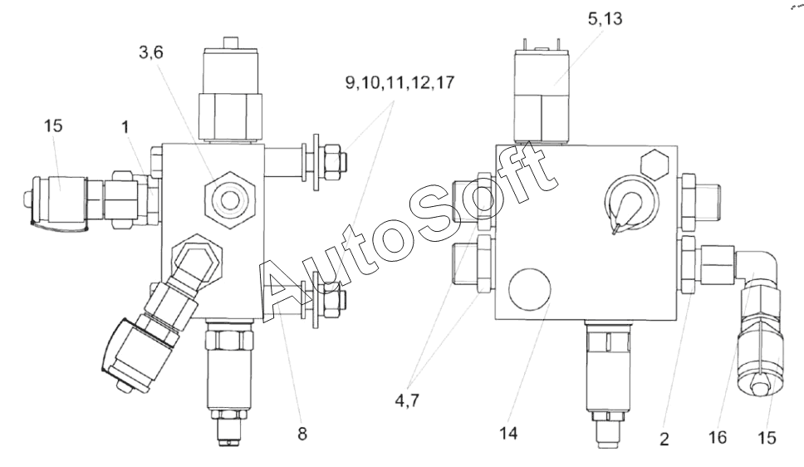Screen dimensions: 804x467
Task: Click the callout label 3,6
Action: (x=151, y=52)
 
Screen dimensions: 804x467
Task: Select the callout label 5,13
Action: (x=605, y=19)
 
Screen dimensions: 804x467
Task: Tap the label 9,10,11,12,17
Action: (x=400, y=82)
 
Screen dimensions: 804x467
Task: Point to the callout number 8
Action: (x=302, y=434)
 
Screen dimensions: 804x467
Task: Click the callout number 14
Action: (x=508, y=434)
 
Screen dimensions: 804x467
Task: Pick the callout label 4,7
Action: (x=407, y=401)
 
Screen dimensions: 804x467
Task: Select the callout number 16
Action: (x=718, y=437)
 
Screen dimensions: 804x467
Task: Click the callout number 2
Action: (x=664, y=440)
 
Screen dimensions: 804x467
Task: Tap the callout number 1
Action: (x=125, y=127)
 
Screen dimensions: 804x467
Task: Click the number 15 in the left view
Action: (x=53, y=125)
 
